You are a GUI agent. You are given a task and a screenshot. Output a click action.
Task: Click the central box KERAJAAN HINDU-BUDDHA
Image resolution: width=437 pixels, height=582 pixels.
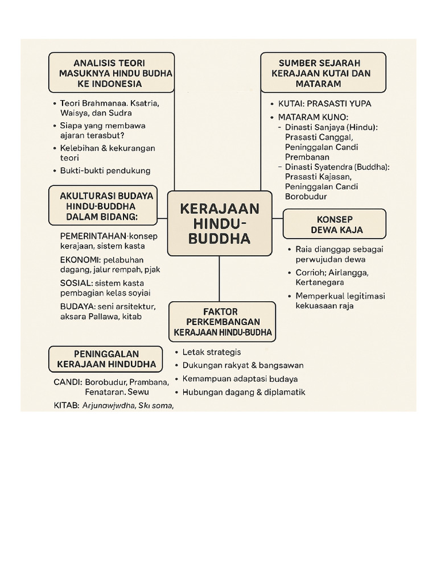219,223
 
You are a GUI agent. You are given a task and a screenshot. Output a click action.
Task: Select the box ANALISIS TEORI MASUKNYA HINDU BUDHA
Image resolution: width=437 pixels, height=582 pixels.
112,73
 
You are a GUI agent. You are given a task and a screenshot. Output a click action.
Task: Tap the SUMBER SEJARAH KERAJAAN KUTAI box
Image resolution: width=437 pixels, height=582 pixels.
323,73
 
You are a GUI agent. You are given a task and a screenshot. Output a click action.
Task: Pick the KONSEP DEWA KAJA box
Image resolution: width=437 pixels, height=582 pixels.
334,224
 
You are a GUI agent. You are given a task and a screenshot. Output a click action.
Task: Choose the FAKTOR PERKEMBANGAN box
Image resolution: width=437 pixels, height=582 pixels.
222,322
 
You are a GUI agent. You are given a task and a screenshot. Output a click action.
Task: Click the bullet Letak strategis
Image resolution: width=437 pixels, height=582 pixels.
211,352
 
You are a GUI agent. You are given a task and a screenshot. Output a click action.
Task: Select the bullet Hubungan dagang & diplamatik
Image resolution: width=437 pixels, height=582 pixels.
244,392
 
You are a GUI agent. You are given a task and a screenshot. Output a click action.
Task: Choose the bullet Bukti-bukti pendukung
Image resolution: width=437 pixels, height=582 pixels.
105,171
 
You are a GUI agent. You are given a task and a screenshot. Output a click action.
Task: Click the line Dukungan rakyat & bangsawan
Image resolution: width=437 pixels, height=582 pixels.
243,365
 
